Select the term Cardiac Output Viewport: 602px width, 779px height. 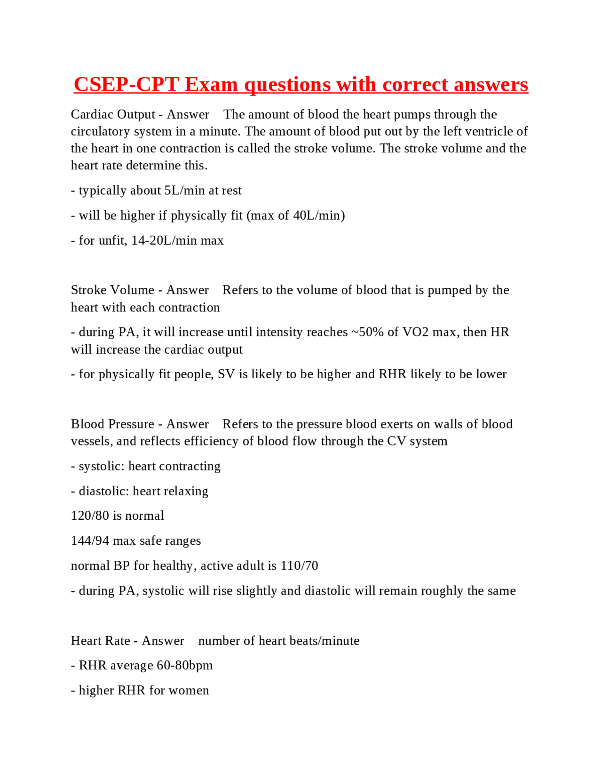(113, 114)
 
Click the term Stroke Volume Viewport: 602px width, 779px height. (112, 290)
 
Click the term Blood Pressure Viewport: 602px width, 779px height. (111, 424)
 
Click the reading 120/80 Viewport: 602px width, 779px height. (90, 516)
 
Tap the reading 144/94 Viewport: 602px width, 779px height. (90, 541)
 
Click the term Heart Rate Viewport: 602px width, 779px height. (101, 641)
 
